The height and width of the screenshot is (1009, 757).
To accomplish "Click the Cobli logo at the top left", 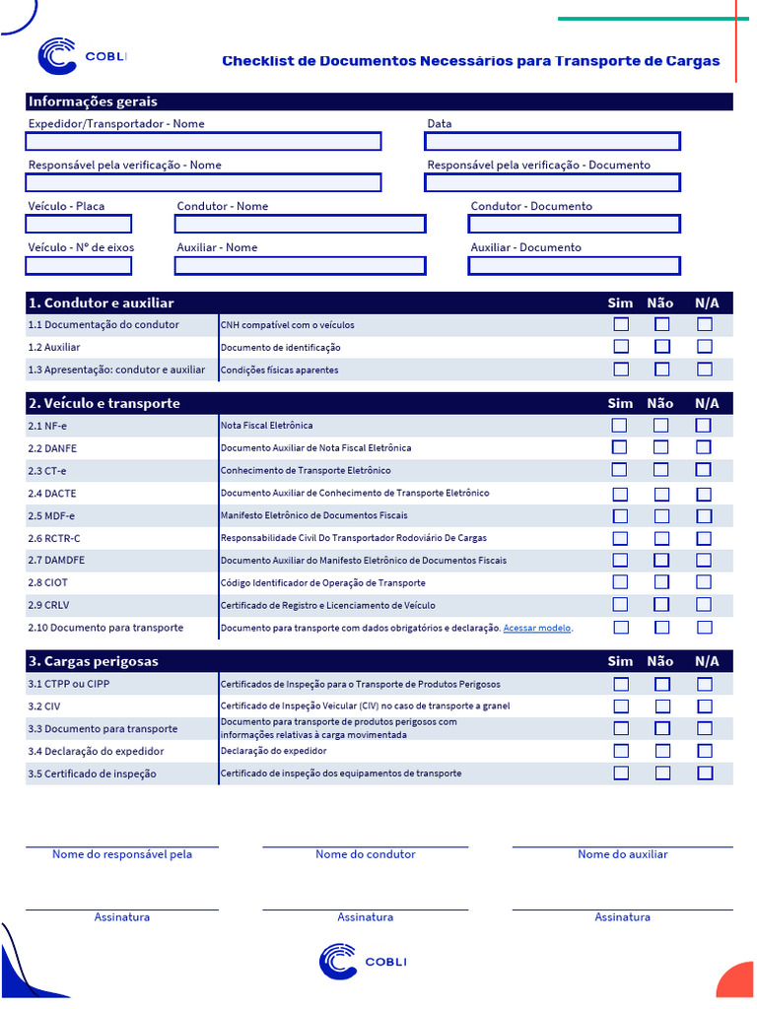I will click(x=82, y=57).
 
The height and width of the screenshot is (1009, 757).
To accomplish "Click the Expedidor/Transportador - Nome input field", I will click(x=203, y=141).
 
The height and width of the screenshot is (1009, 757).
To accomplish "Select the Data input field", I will click(x=552, y=141).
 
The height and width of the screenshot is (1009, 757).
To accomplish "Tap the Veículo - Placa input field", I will click(x=78, y=224).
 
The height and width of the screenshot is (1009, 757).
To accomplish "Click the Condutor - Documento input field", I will click(x=575, y=224).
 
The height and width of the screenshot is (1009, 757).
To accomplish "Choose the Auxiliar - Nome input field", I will click(x=300, y=265).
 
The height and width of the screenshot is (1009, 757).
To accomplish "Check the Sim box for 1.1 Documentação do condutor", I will click(x=621, y=324).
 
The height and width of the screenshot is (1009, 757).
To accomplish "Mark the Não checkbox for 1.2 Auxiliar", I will click(x=662, y=347).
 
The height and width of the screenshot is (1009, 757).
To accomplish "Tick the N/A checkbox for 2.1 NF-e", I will click(x=704, y=426).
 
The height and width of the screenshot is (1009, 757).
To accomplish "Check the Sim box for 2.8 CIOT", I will click(x=620, y=582).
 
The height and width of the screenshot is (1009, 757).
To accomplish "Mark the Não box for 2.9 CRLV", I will click(x=661, y=605).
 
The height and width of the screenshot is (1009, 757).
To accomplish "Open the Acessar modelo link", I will click(x=537, y=629).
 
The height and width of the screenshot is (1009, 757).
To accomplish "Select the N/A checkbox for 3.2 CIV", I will click(x=704, y=706).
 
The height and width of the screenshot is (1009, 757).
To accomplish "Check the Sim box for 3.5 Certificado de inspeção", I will click(x=621, y=774).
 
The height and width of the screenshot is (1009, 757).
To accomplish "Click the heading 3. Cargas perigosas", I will click(x=93, y=661).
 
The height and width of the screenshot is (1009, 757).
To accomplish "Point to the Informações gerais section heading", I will click(x=93, y=101).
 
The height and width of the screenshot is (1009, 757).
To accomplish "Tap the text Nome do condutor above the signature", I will click(x=366, y=854).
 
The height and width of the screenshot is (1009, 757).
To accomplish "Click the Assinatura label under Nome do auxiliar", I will click(x=622, y=917).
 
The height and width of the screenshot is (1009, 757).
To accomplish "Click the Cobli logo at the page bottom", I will click(x=362, y=962).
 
